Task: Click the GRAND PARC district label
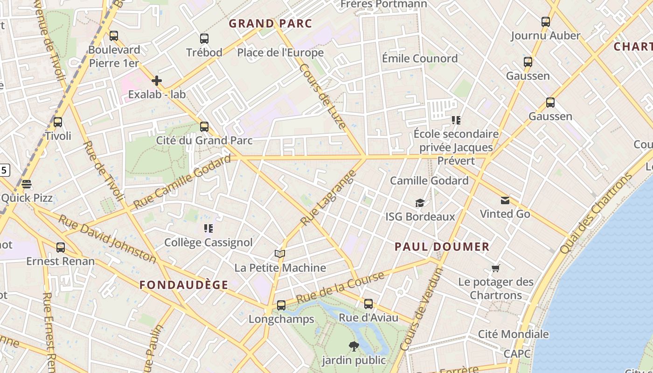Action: (x=270, y=23)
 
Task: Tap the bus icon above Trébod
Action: (x=204, y=39)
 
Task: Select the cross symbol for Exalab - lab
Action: (x=157, y=81)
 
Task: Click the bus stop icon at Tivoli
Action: (x=58, y=122)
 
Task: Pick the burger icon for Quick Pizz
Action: (x=27, y=184)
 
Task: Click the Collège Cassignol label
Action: (x=208, y=242)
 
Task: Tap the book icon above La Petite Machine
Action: (x=280, y=254)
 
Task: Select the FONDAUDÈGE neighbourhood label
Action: (x=184, y=285)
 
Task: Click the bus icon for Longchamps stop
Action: (x=281, y=305)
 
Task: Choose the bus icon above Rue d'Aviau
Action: (x=368, y=304)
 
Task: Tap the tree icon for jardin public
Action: (x=354, y=346)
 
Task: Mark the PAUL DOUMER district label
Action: (x=442, y=247)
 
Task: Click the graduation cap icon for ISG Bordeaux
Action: (x=420, y=203)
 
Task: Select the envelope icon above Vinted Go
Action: (x=505, y=200)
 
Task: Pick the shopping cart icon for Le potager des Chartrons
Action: (x=496, y=268)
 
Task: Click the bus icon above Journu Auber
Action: (x=545, y=21)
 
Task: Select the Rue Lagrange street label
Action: (x=328, y=199)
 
